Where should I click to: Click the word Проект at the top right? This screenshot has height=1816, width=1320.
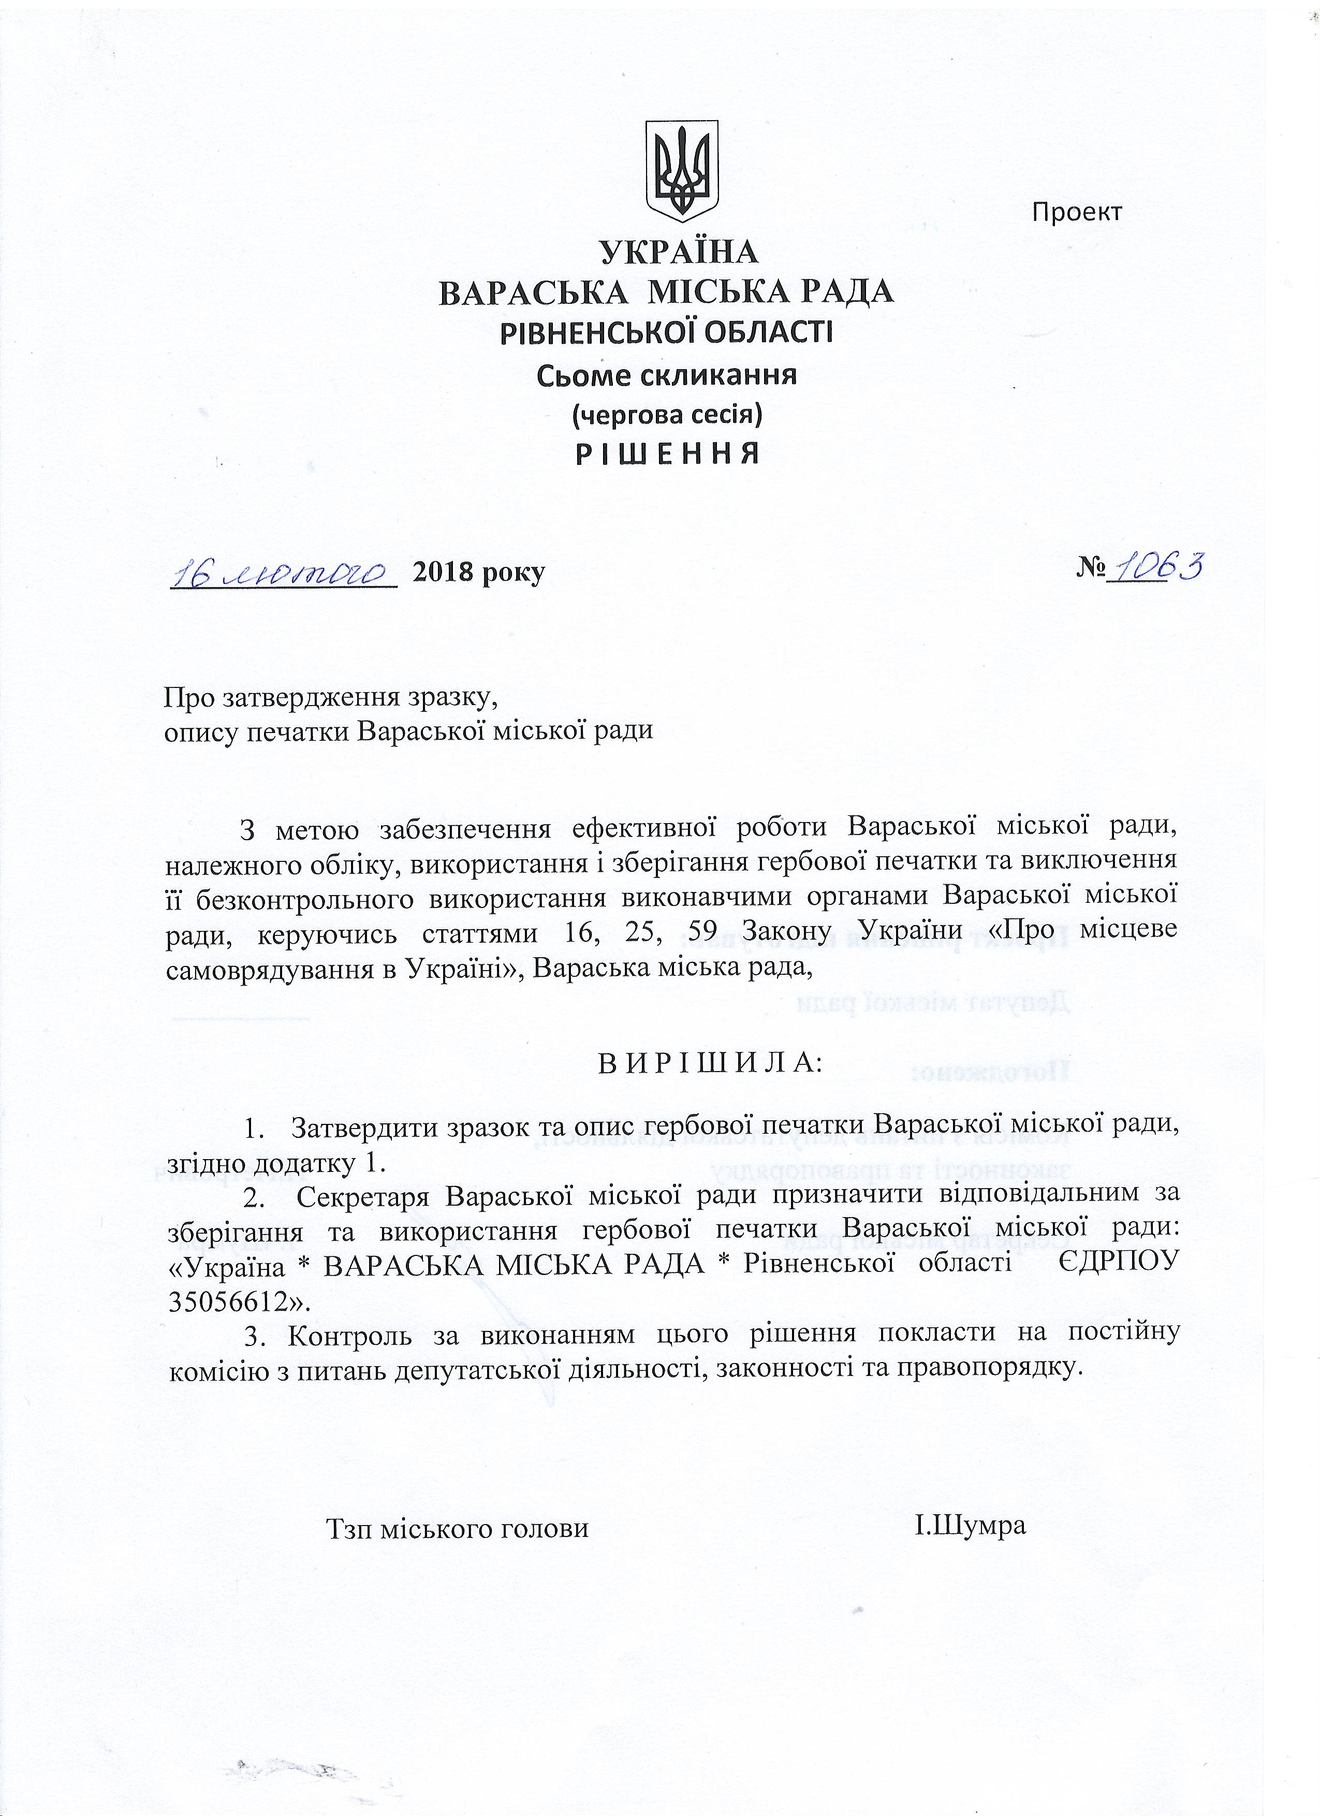point(1077,212)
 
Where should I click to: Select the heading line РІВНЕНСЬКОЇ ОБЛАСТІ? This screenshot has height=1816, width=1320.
point(666,332)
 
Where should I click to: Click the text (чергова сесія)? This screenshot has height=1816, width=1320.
point(666,415)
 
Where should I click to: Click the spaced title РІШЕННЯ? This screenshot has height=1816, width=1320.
point(666,455)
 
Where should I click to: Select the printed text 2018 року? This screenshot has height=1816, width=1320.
point(478,573)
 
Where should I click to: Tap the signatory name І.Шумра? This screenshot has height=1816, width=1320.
point(970,1526)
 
